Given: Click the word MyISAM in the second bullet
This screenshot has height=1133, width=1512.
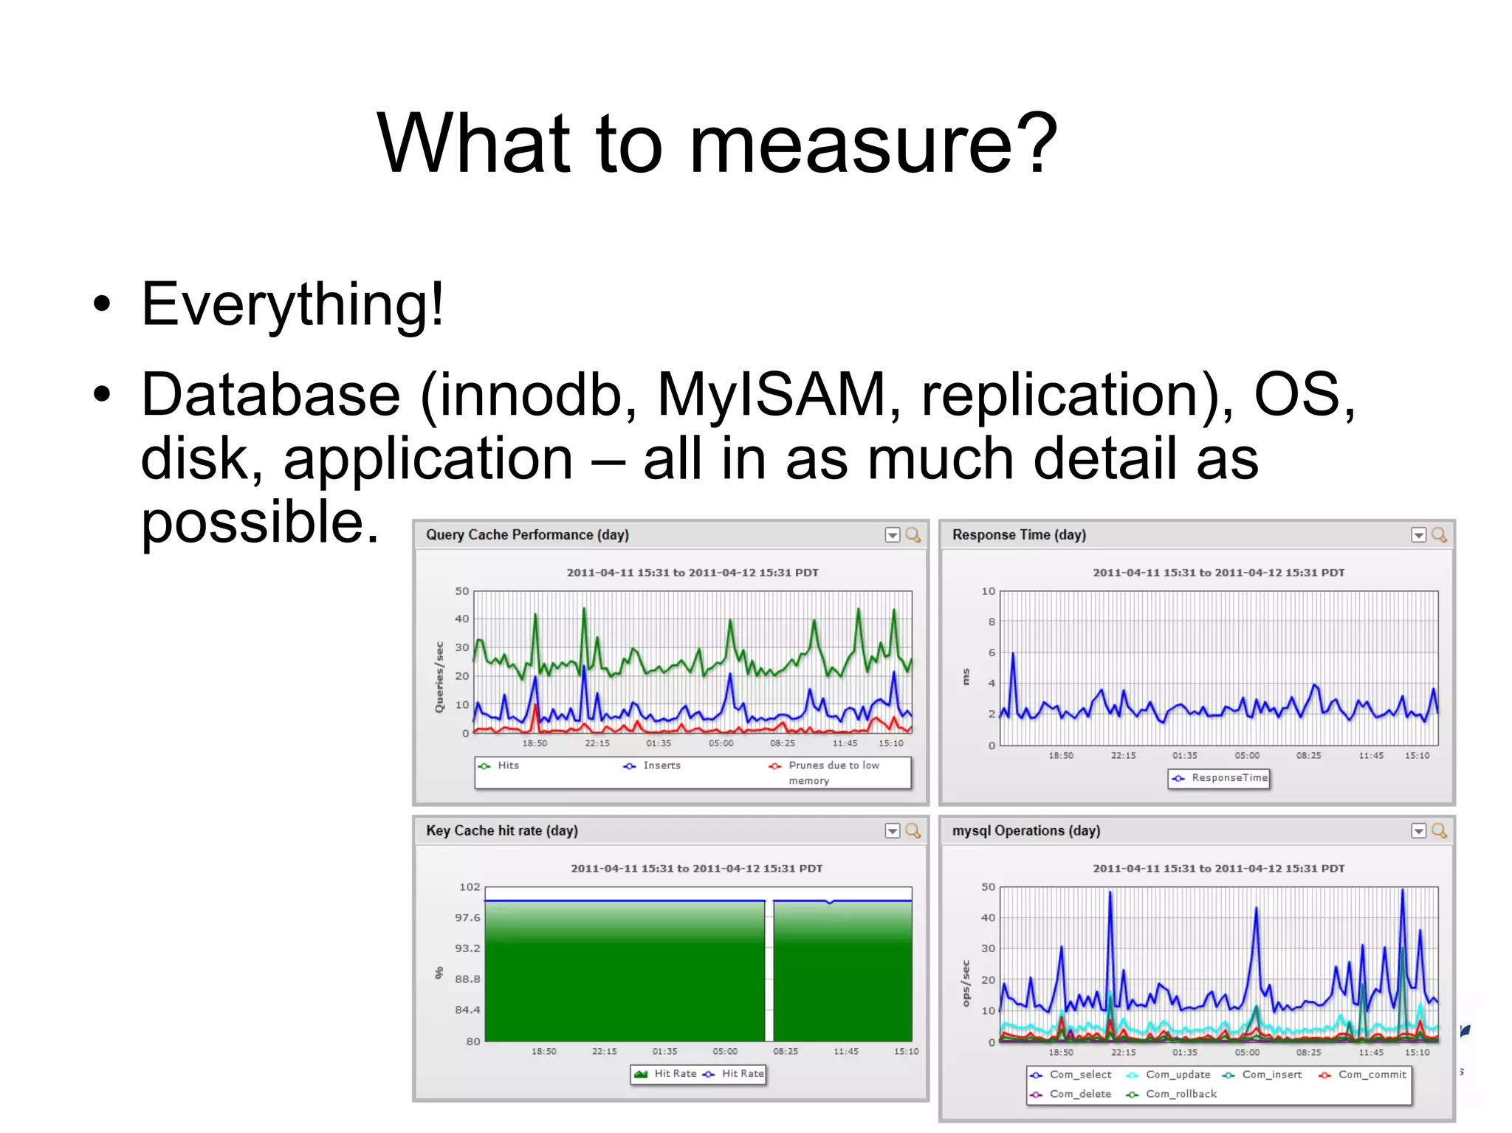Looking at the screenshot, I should coord(772,395).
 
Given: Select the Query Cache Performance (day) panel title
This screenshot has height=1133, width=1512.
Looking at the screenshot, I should coord(527,535).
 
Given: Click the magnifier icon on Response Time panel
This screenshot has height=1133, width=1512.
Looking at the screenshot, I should coord(1439,535).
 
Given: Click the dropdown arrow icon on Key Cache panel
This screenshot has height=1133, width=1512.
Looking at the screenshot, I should coord(892,831).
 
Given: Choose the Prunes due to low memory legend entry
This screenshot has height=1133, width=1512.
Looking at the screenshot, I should coord(833,772).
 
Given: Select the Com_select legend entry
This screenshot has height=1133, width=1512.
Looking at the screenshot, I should coord(1079,1075).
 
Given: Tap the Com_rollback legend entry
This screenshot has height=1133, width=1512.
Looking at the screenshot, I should coord(1181,1094).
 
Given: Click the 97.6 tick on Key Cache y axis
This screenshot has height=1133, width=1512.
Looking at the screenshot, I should coord(467,917).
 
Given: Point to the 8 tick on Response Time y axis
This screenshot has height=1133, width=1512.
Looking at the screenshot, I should coord(992,621).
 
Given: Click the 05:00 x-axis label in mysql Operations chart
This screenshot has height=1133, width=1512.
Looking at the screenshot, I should coord(1247,1053).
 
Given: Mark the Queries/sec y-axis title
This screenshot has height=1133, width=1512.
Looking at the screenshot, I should coord(439,677).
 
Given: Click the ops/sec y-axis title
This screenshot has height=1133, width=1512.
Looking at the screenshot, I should coord(966,983).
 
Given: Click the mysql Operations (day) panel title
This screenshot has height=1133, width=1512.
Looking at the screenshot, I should coord(1025,831).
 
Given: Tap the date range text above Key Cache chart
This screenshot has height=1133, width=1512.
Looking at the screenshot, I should coord(696,869).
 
